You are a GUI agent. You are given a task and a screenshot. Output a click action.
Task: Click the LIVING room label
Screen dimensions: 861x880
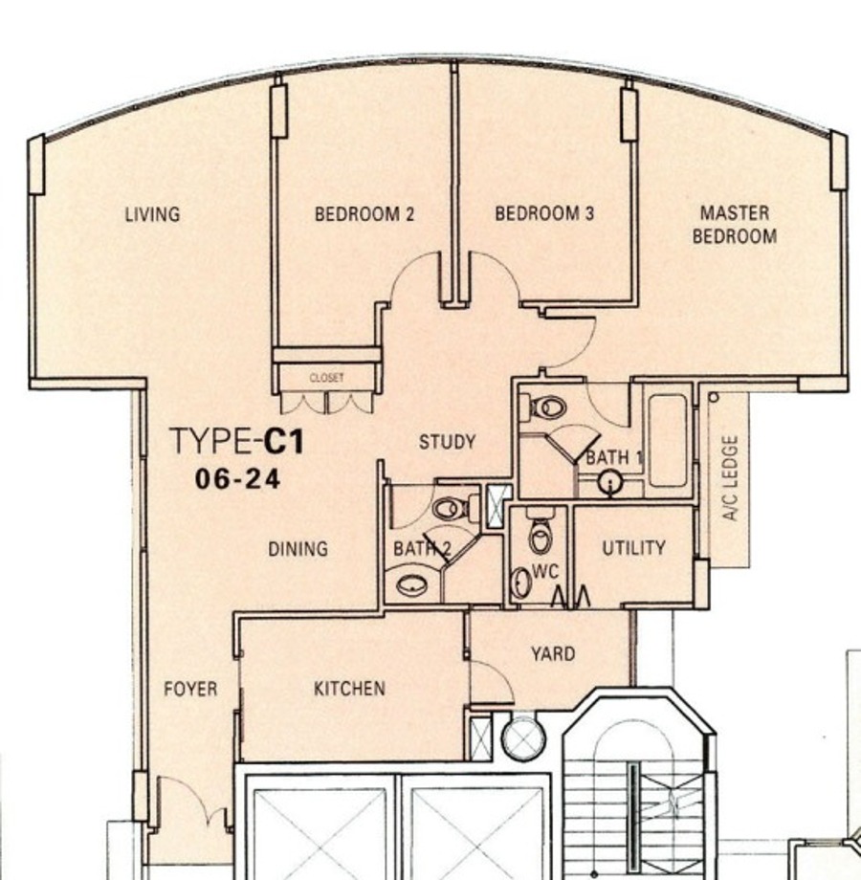click(x=152, y=214)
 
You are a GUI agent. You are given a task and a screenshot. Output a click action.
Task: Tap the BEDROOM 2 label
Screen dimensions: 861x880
click(x=364, y=214)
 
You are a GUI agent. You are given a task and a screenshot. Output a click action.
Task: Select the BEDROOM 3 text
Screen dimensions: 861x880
click(x=544, y=213)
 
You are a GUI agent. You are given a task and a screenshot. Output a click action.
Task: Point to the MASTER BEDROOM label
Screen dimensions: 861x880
click(x=735, y=225)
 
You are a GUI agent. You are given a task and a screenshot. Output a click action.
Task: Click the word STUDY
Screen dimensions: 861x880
click(x=448, y=442)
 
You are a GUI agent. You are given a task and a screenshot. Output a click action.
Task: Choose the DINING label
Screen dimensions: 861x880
click(x=298, y=548)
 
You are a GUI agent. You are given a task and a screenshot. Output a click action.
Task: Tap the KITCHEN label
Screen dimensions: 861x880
click(x=349, y=689)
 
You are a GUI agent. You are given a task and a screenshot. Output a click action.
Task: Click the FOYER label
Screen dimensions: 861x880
click(x=190, y=689)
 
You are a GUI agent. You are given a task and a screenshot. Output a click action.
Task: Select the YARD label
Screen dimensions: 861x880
click(x=553, y=654)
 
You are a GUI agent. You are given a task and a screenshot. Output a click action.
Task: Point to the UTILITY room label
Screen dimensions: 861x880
click(x=633, y=548)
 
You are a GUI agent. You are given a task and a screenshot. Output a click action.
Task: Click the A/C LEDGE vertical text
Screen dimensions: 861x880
click(x=730, y=477)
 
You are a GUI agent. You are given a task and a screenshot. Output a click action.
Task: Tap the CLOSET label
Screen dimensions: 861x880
click(x=326, y=378)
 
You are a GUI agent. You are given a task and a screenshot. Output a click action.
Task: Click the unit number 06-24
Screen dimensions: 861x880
click(x=237, y=480)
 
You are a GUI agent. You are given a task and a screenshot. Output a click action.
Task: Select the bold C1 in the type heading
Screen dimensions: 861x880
click(x=284, y=441)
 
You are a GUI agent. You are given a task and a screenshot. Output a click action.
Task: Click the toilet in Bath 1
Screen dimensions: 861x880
click(x=543, y=407)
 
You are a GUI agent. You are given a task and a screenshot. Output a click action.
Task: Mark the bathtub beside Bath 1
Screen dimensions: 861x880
click(x=668, y=441)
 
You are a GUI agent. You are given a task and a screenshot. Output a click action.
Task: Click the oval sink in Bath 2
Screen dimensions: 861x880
click(x=412, y=585)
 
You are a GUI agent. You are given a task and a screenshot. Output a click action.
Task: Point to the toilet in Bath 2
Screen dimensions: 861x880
click(x=455, y=508)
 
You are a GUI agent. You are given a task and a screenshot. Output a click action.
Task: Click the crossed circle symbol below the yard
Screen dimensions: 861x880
click(x=522, y=737)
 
